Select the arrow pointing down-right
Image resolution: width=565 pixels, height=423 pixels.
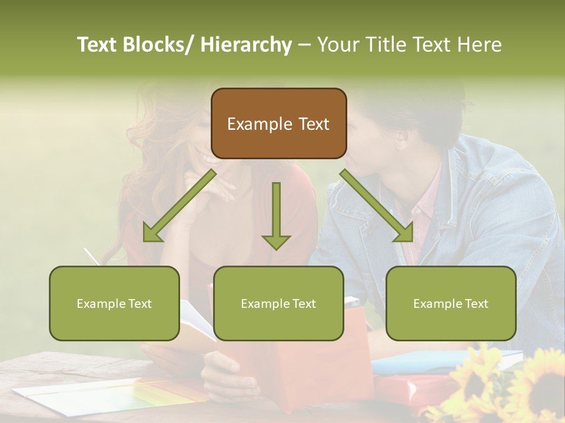pyautogui.click(x=377, y=206)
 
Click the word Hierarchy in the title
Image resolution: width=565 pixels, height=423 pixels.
pyautogui.click(x=246, y=45)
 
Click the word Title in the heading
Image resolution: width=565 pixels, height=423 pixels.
pyautogui.click(x=385, y=45)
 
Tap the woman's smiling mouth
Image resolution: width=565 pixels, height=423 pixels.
pyautogui.click(x=210, y=157)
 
